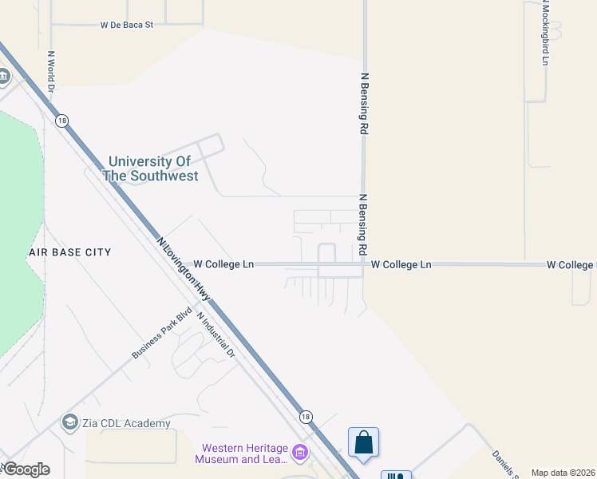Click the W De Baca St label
126,25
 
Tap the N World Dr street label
50,72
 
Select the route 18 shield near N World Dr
62,121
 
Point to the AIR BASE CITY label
69,252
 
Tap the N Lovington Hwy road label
184,268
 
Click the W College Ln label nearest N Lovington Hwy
223,264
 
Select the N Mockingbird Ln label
546,33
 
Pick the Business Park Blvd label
162,332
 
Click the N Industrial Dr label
217,334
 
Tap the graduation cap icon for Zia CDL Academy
69,422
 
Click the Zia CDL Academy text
126,423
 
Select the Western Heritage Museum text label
243,453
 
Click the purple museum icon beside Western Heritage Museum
300,453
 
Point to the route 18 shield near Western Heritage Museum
306,417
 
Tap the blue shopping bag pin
363,442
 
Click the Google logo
26,469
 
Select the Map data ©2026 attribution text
563,473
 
